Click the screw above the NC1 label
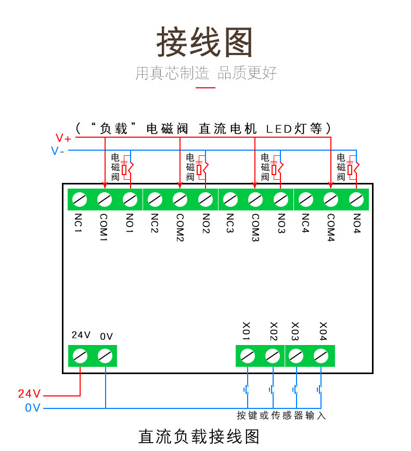[79, 199]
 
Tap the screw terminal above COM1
[105, 199]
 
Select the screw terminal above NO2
[205, 199]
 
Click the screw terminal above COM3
[255, 199]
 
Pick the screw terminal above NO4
[356, 199]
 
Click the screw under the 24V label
[80, 356]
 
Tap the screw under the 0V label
[105, 356]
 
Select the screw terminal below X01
[248, 356]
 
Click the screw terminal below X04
[322, 356]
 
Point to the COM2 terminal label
[180, 228]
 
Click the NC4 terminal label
[305, 223]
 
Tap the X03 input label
[296, 329]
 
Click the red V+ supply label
[63, 138]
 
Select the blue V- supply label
[58, 151]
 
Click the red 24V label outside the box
[29, 394]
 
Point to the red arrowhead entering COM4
[331, 185]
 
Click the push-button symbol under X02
[271, 389]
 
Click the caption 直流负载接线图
[199, 436]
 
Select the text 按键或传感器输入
[281, 416]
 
